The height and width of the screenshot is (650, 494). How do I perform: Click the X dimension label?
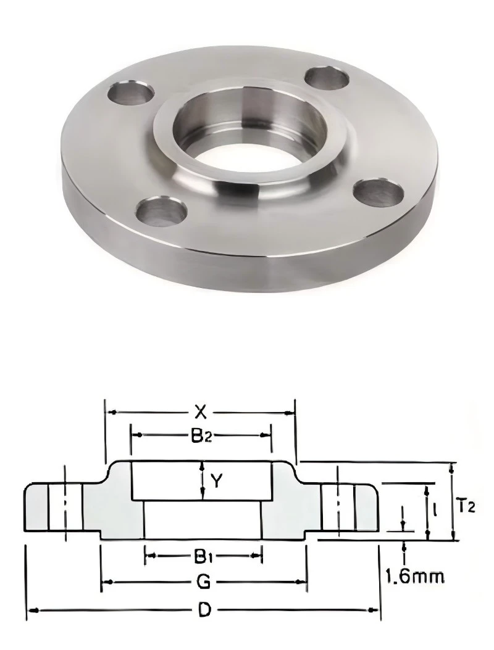pos(201,413)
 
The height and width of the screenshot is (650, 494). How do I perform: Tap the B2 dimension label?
pos(201,435)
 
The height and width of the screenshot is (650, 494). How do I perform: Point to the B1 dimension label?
pos(202,556)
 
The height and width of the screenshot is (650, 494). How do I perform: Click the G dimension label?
pos(203,582)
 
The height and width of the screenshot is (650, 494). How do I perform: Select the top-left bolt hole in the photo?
pos(130,92)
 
